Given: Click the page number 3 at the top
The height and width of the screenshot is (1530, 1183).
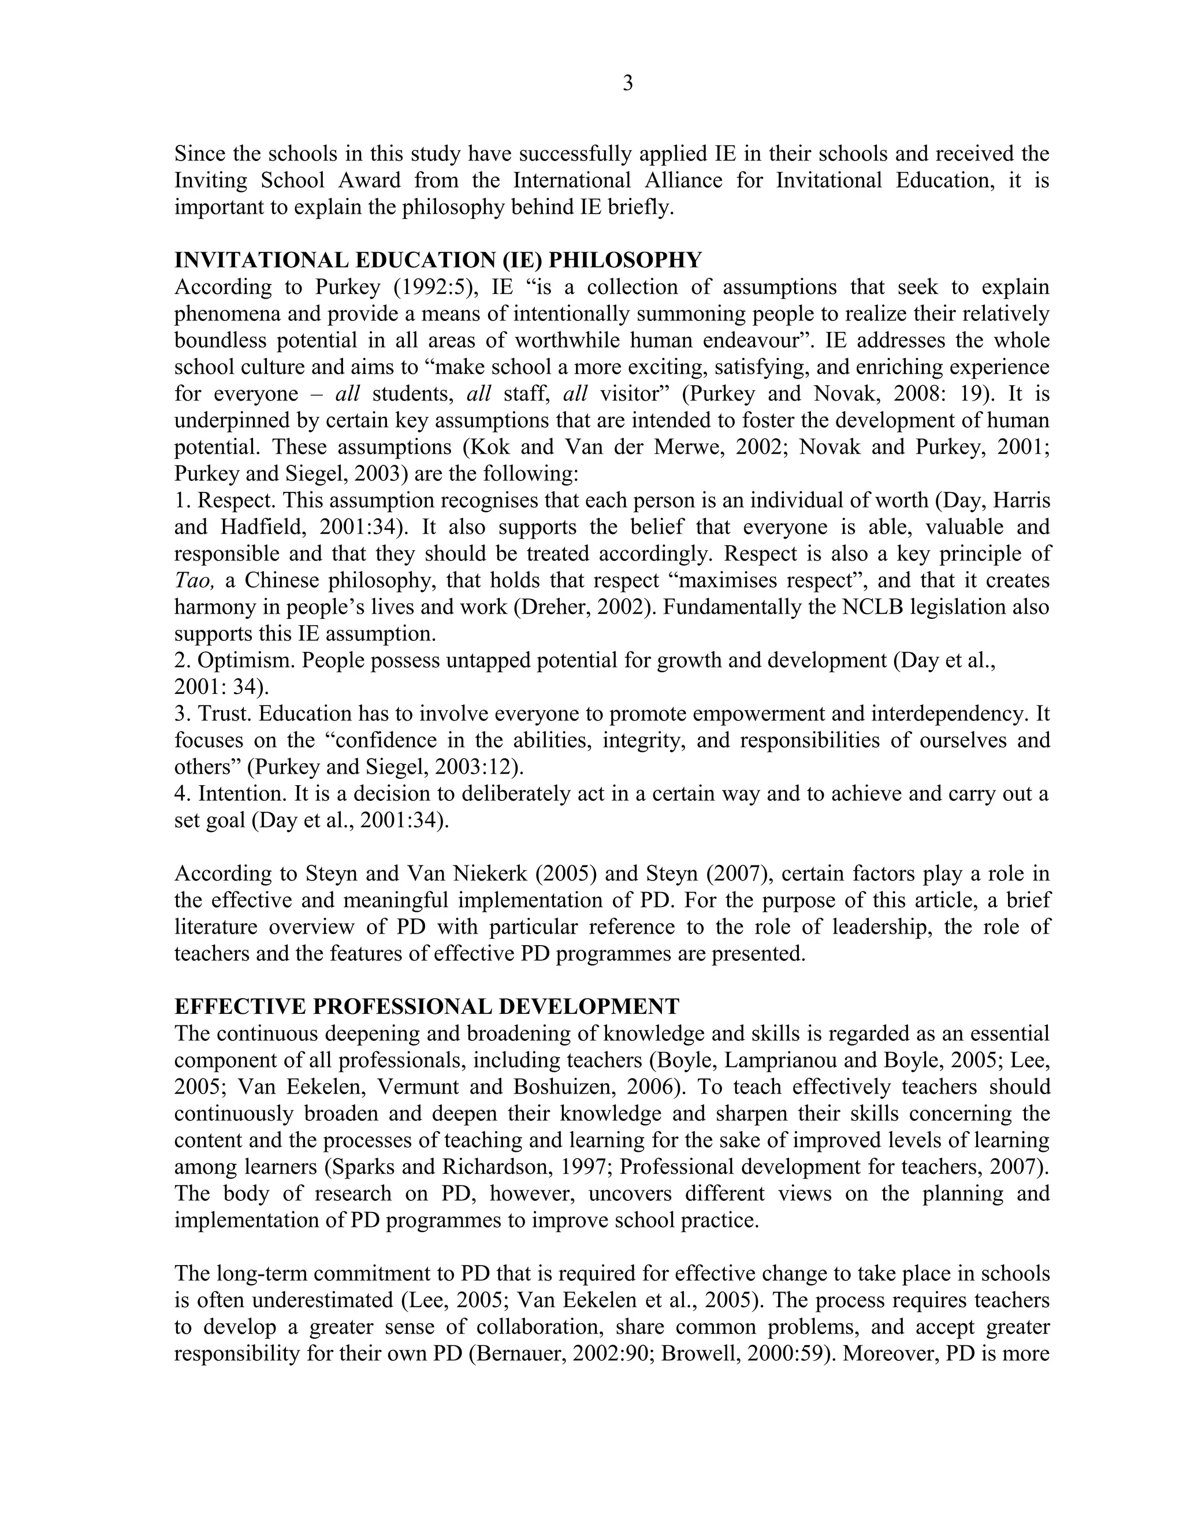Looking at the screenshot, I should coord(627,84).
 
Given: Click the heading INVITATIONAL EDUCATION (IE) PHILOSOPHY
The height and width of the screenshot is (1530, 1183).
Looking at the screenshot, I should coord(437,260).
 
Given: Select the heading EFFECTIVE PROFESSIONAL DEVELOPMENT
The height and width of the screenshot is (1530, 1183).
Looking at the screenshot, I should coord(426,1007).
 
